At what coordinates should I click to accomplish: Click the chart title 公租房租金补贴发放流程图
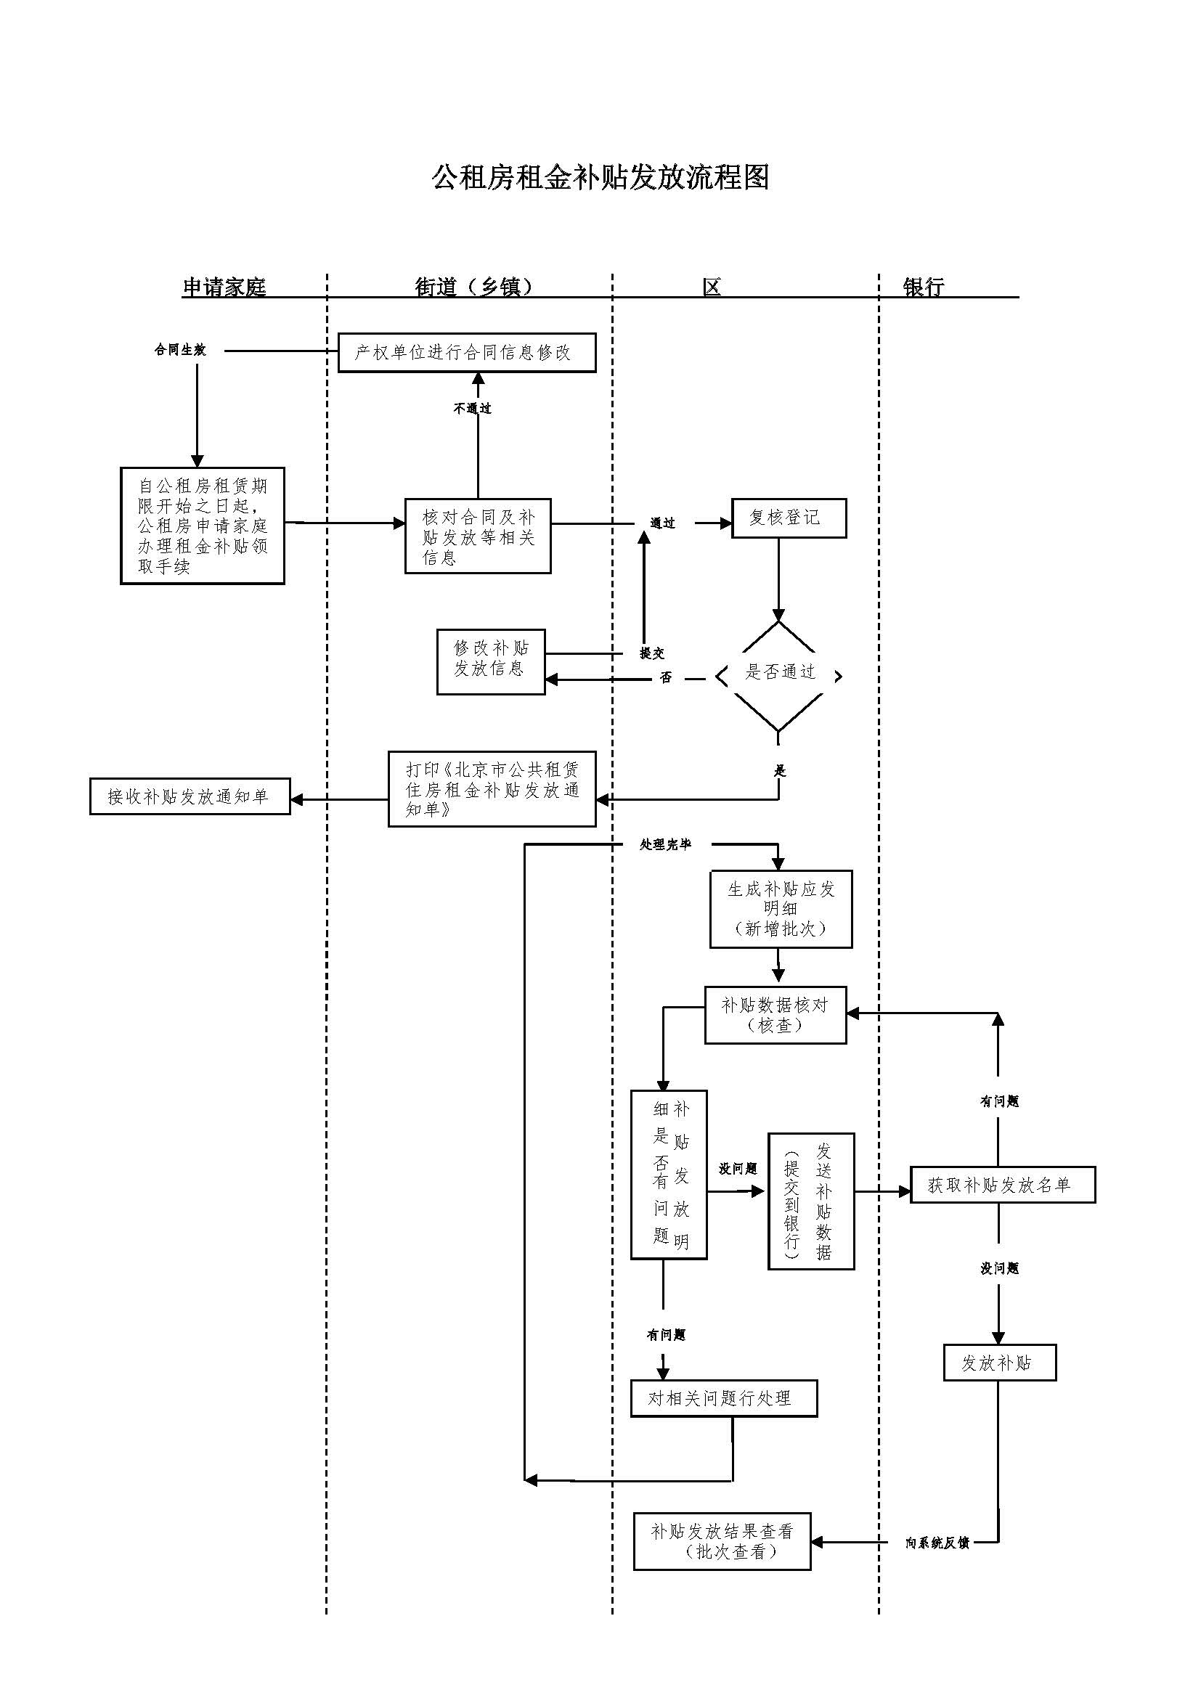click(x=600, y=177)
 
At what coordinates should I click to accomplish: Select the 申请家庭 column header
click(x=224, y=287)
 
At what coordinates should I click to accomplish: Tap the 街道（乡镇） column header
click(x=474, y=287)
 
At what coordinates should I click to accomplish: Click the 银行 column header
click(x=924, y=287)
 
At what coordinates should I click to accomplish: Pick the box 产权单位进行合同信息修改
click(x=467, y=353)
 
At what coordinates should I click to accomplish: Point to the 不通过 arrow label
click(x=473, y=408)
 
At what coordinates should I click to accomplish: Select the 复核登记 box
click(x=789, y=518)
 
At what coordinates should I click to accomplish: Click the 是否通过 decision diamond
click(x=778, y=672)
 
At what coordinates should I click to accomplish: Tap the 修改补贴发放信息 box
click(x=491, y=661)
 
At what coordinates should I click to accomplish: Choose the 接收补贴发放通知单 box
click(x=190, y=796)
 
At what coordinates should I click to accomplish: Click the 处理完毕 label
click(x=665, y=844)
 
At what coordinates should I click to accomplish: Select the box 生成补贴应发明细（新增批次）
click(x=781, y=909)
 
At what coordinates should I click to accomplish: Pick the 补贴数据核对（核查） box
click(x=775, y=1015)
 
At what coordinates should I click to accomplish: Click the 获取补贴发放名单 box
click(x=1001, y=1185)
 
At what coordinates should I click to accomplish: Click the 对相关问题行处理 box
click(x=723, y=1397)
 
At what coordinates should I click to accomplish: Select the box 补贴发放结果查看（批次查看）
click(x=722, y=1541)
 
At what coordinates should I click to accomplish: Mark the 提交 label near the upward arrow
click(x=651, y=653)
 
